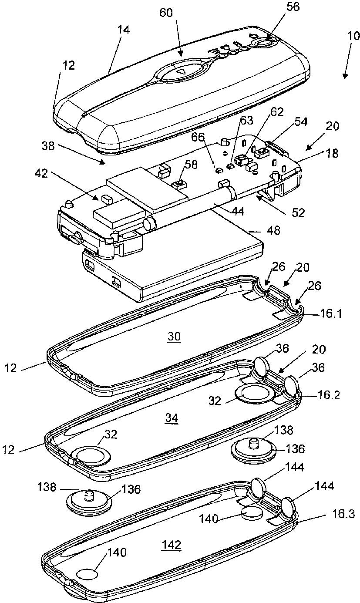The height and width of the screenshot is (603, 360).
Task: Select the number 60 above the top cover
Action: click(166, 13)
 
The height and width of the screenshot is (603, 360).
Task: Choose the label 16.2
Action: click(322, 397)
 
